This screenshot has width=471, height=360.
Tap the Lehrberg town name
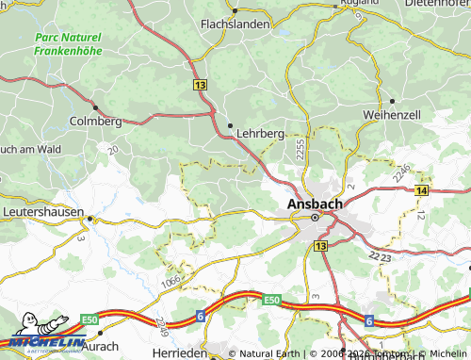tap(260, 135)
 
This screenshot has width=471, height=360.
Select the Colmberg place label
tap(96, 122)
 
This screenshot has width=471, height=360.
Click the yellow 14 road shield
tap(420, 191)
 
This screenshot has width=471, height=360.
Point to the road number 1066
tap(172, 280)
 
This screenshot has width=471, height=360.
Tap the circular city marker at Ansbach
tap(315, 217)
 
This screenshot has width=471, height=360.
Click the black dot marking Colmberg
tap(96, 106)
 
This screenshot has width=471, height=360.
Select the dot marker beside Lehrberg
tap(230, 124)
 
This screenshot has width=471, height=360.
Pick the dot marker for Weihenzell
tap(391, 100)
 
